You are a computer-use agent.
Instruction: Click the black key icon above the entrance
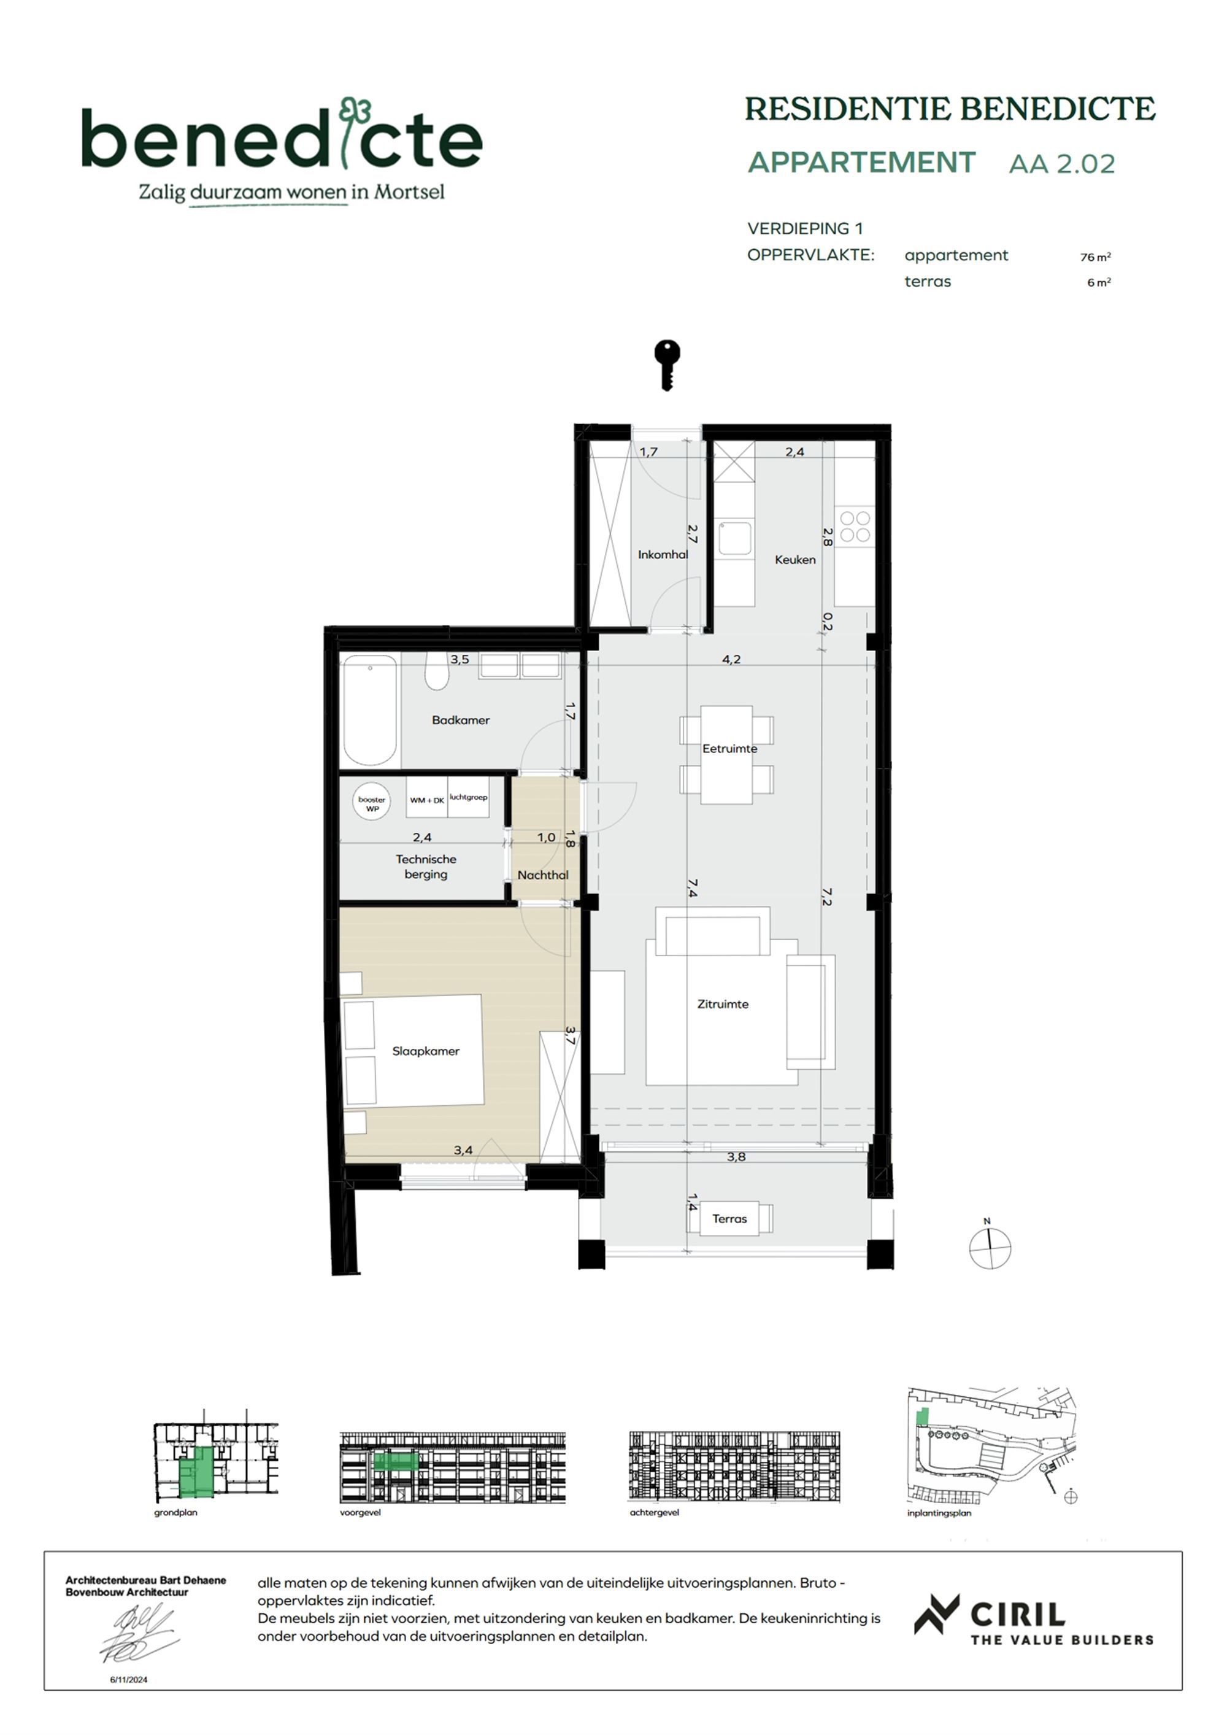pos(666,365)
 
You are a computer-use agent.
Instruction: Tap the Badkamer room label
pos(460,720)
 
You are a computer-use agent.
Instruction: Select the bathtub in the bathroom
pos(369,709)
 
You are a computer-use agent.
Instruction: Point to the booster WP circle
pos(372,803)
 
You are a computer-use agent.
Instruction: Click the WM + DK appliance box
pos(427,800)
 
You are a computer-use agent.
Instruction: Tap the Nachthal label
pos(542,875)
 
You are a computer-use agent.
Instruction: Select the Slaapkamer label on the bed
pos(425,1051)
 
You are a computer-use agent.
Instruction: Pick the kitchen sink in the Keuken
pos(734,539)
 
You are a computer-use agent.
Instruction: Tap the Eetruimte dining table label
pos(729,749)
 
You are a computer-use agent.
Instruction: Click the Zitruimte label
pos(722,1004)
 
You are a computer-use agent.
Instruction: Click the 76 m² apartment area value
pos(1094,257)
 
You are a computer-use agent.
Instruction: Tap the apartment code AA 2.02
pos(1061,164)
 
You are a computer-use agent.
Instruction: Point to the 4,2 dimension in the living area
pos(731,659)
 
